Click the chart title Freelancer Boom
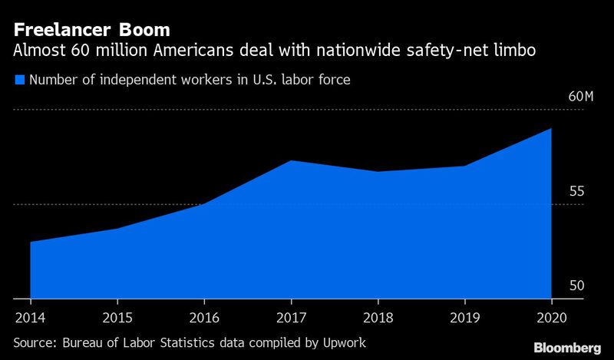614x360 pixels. tap(91, 31)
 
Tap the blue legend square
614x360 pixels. tap(19, 79)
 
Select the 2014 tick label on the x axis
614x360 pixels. tap(29, 317)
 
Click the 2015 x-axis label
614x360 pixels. tap(117, 317)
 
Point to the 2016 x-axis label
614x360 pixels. tap(203, 317)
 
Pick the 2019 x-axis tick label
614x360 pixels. tap(464, 317)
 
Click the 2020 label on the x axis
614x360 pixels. tap(551, 317)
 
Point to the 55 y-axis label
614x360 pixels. tap(576, 191)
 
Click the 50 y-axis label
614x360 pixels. tap(576, 286)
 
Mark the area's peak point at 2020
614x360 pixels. tap(551, 128)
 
